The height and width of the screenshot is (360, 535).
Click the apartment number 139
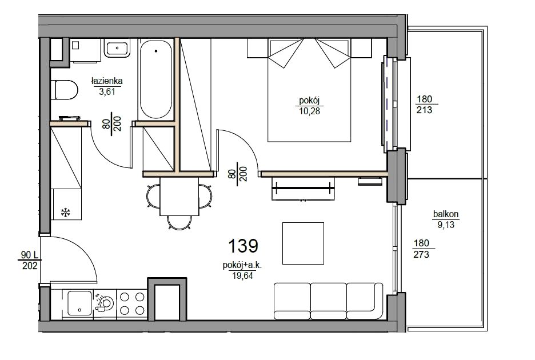(x=243, y=246)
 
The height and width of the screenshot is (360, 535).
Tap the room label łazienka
(x=107, y=81)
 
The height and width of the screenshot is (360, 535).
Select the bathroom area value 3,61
(x=107, y=92)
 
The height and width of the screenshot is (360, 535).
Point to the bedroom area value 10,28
(x=309, y=111)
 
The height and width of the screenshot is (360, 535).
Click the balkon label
(x=446, y=214)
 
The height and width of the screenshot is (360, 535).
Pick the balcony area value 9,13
(x=446, y=225)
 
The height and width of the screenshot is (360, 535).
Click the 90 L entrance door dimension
(x=29, y=255)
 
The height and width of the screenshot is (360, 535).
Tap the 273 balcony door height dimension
(x=421, y=254)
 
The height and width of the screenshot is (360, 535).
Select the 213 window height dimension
(x=424, y=110)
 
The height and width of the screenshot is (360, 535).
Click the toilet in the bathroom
(x=64, y=90)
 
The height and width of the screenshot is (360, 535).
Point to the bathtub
(x=156, y=79)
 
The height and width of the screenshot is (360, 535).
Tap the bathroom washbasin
(x=117, y=49)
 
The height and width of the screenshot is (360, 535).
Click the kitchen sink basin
(x=79, y=303)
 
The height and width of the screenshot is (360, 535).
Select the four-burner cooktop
(x=131, y=304)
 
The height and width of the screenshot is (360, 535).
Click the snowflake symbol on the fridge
(x=65, y=213)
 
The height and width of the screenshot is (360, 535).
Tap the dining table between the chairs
(x=179, y=197)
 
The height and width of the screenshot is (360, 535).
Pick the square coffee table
(x=303, y=243)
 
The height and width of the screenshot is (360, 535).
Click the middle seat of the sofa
(x=328, y=300)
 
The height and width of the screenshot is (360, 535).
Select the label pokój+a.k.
(x=242, y=266)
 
